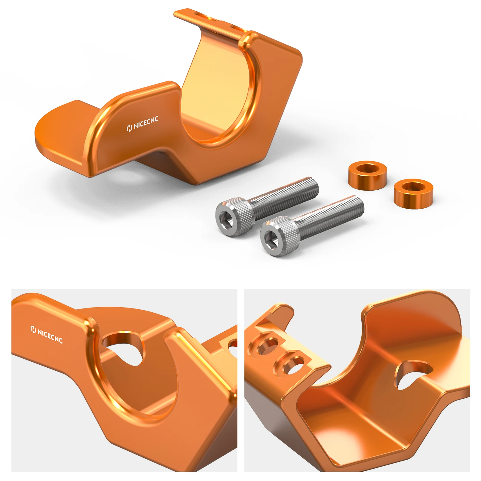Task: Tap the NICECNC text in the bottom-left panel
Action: pyautogui.click(x=47, y=335)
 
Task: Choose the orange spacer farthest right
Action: pyautogui.click(x=414, y=192)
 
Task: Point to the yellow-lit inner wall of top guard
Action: pyautogui.click(x=216, y=90)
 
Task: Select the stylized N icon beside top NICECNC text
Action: pyautogui.click(x=130, y=128)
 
